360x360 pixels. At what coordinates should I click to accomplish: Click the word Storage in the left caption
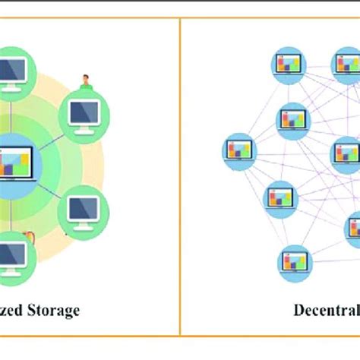(x=51, y=310)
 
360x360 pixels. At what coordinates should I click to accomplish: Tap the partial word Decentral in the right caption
(x=327, y=310)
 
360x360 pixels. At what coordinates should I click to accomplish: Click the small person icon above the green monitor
(x=86, y=81)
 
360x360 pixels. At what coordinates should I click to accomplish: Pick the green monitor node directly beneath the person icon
(x=85, y=113)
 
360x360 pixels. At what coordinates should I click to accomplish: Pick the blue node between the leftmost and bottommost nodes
(x=277, y=199)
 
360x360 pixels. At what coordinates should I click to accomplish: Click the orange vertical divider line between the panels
(x=180, y=175)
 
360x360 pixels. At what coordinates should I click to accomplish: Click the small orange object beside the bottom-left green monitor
(x=31, y=238)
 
